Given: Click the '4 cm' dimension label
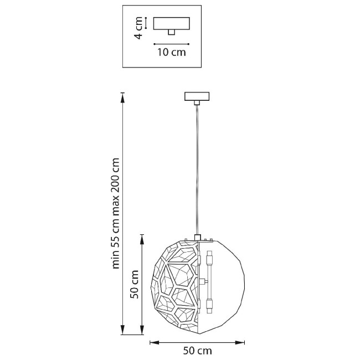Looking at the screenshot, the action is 138,28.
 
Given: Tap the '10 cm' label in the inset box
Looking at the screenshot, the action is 172,53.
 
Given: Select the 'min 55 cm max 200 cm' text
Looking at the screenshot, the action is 115,213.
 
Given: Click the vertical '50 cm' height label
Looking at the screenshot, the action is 135,284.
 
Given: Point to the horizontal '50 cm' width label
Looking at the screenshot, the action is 198,351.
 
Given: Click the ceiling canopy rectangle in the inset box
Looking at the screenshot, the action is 172,23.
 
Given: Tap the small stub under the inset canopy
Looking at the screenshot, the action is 171,32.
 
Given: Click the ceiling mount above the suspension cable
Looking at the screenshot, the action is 197,96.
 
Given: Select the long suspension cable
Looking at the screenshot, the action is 197,170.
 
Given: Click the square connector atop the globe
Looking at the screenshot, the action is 198,237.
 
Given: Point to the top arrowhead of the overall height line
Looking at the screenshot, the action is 123,97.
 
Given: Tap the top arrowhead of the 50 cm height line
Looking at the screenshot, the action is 142,239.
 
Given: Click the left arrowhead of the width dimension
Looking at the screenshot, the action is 155,342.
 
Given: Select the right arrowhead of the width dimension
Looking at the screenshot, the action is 240,342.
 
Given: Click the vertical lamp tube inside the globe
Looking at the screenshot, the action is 209,282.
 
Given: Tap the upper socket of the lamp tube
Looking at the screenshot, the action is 209,257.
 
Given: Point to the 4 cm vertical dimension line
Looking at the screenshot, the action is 146,23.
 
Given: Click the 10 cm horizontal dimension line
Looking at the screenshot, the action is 172,44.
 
